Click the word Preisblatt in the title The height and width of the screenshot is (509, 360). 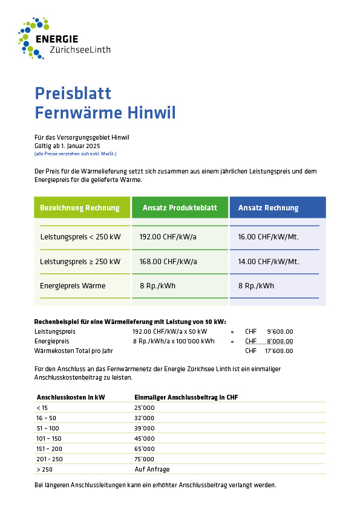tap(73, 93)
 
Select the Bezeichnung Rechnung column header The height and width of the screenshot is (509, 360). tap(80, 208)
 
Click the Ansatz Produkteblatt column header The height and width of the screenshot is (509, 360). tap(180, 208)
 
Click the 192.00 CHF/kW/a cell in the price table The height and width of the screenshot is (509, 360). tap(168, 237)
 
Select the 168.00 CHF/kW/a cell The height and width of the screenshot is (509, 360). tap(168, 262)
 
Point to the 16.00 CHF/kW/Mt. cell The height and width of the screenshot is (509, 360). tap(268, 237)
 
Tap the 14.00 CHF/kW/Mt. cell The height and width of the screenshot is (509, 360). tap(268, 262)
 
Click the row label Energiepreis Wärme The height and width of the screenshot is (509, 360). tap(73, 286)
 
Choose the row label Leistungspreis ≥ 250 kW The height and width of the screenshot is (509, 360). tap(80, 262)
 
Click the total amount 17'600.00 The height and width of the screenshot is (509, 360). tap(279, 351)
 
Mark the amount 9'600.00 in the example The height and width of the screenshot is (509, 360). tap(280, 331)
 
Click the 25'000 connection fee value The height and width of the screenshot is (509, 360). tap(145, 408)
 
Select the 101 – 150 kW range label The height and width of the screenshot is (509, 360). tap(49, 438)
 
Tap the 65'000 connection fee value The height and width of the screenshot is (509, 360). tap(145, 449)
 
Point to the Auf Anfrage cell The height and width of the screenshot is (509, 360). tap(152, 469)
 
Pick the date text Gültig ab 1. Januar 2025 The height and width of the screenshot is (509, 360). tap(67, 146)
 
